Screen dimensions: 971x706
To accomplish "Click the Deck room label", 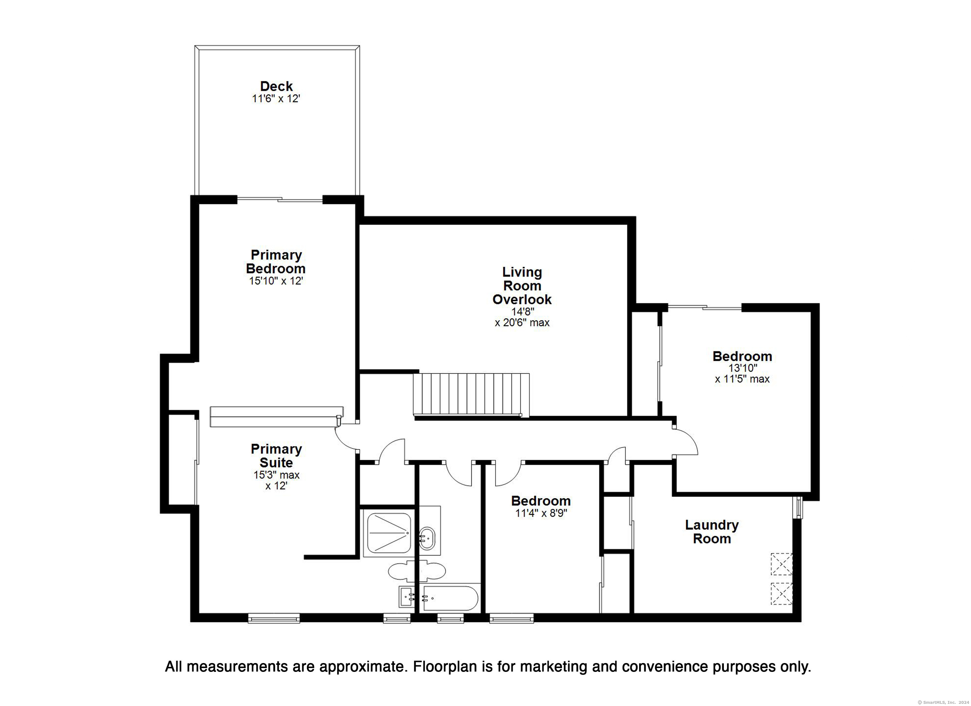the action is [276, 86].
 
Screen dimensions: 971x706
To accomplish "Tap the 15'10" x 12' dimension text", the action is [276, 281].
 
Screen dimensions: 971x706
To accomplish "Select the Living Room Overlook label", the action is [522, 286].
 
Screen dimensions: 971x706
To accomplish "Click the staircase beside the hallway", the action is [471, 394].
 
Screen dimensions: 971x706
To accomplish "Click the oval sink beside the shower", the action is [427, 538].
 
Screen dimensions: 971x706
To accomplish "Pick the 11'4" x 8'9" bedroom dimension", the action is [541, 513].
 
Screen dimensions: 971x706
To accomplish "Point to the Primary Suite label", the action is [276, 455].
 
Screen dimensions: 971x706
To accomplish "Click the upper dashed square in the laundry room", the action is [782, 564].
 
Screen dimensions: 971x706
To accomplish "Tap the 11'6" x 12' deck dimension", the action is [276, 99].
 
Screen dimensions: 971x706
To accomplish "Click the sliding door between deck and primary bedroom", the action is [279, 199].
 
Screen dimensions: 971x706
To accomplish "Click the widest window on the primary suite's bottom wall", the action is [274, 618].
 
